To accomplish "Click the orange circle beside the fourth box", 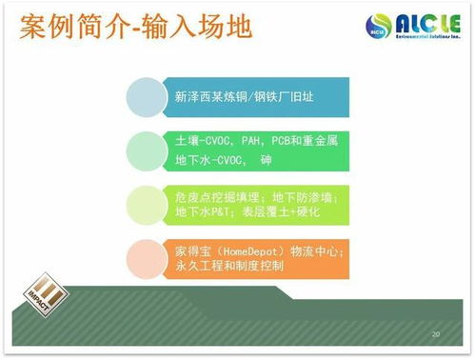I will [148, 258].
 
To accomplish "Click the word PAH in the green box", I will [246, 141].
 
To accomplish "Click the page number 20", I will [436, 335].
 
